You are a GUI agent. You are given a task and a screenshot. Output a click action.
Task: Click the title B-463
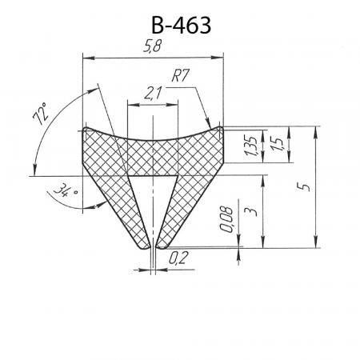[x=181, y=25]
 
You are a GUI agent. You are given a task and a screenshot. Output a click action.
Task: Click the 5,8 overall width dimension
[x=153, y=46]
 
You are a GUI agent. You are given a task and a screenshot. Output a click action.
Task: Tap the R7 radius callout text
[x=180, y=76]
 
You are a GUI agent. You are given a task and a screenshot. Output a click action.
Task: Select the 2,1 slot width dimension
[x=153, y=94]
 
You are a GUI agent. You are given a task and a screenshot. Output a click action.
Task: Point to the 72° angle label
[x=41, y=114]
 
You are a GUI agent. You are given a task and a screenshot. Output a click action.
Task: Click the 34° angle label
[x=66, y=190]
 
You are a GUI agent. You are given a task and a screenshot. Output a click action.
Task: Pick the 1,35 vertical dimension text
[x=250, y=146]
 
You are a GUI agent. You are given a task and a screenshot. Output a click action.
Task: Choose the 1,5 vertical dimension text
[x=278, y=143]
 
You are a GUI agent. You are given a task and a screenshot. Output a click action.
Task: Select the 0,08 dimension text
[x=226, y=219]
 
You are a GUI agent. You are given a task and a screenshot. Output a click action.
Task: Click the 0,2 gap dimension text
[x=178, y=258]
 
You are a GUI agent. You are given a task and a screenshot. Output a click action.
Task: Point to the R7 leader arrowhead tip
[x=210, y=128]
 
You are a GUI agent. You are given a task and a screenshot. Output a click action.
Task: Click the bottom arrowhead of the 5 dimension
[x=316, y=248]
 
